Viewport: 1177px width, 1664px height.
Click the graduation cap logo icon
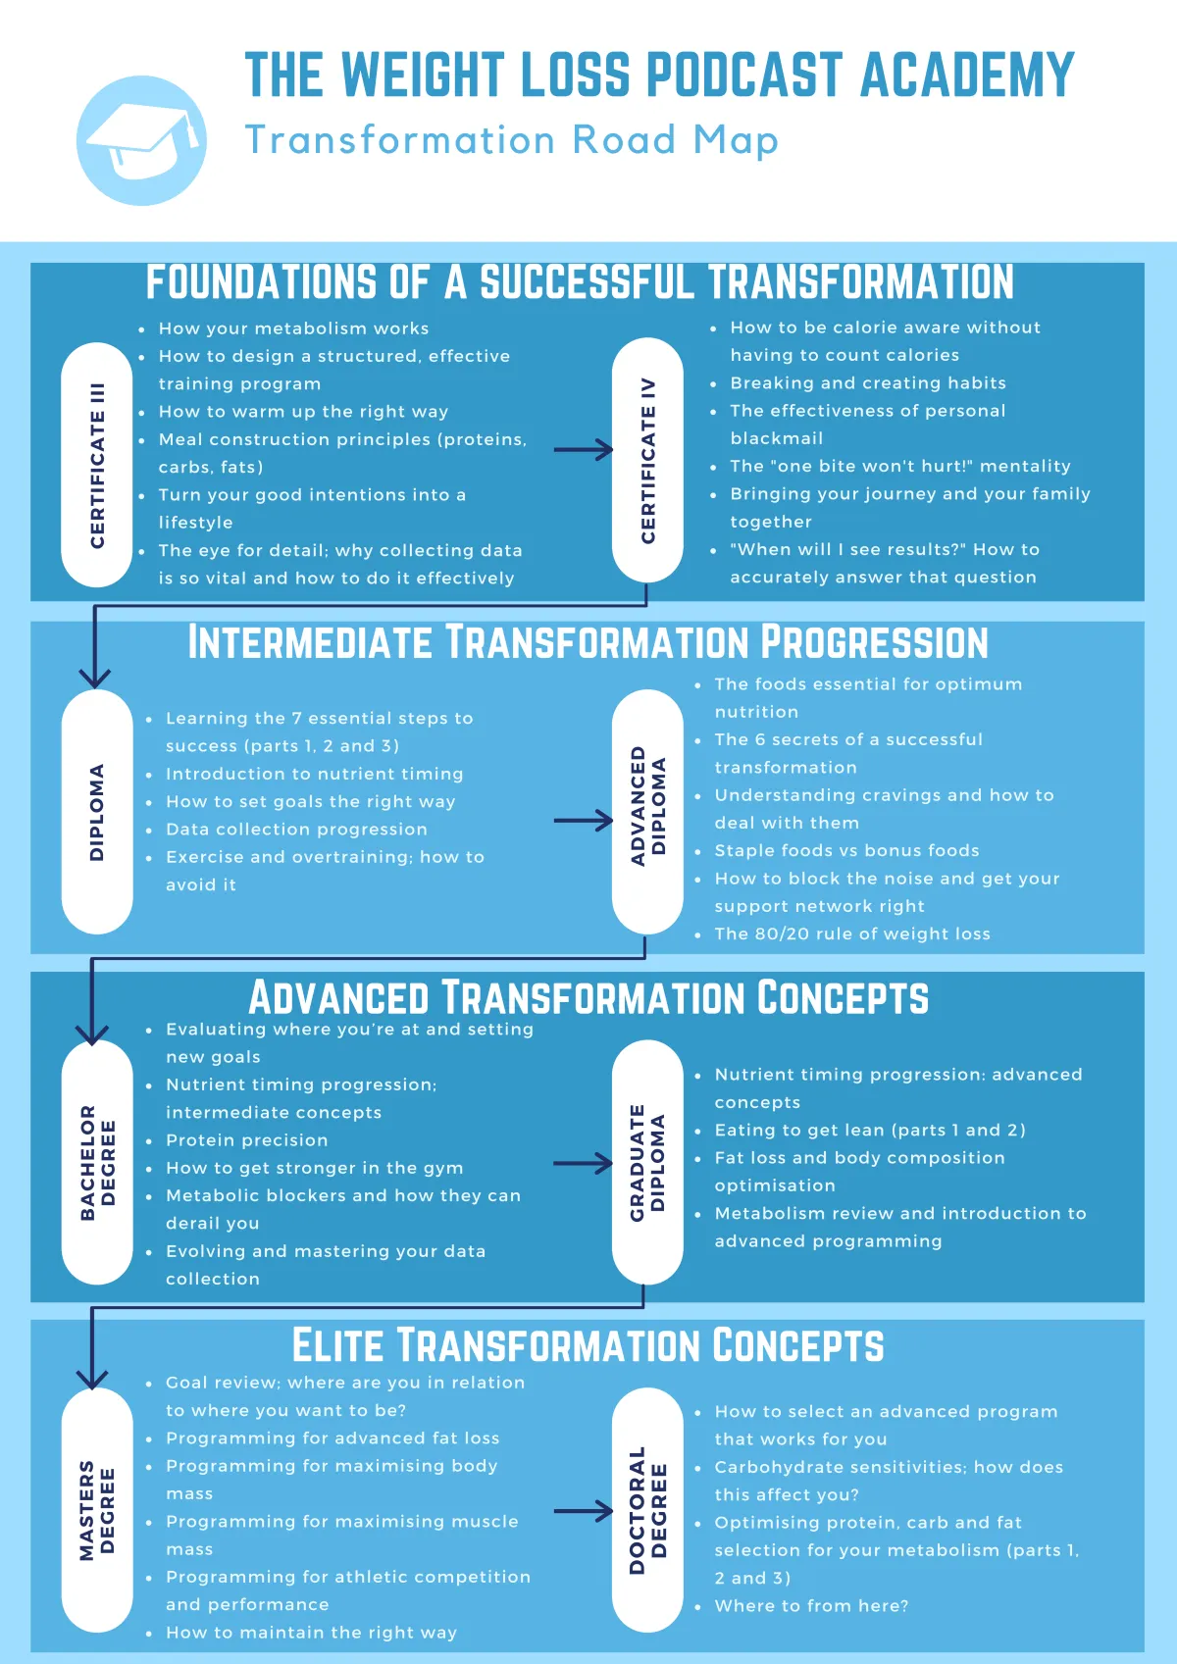click(x=141, y=140)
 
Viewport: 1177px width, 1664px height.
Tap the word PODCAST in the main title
click(x=743, y=75)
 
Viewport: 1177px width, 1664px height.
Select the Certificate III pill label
click(x=96, y=465)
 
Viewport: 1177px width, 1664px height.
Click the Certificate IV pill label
click(x=647, y=460)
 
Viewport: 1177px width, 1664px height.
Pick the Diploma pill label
click(x=96, y=811)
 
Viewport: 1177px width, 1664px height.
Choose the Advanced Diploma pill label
click(x=647, y=811)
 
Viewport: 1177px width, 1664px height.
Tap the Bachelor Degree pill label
click(x=96, y=1162)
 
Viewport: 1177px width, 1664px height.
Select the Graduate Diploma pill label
click(x=647, y=1162)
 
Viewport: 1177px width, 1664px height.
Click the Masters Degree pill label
click(x=96, y=1510)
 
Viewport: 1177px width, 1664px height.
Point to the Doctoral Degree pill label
click(x=647, y=1510)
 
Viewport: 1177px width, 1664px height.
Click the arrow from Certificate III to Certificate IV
click(x=584, y=449)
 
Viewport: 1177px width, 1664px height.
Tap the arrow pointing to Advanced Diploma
click(x=584, y=821)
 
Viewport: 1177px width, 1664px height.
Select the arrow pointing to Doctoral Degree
click(x=584, y=1511)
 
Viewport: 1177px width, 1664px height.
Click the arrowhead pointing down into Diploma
click(x=94, y=678)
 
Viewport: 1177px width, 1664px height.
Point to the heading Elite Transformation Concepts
click(x=588, y=1345)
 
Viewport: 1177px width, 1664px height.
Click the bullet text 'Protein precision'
click(x=247, y=1140)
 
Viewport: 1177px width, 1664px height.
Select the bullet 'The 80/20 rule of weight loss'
click(x=852, y=933)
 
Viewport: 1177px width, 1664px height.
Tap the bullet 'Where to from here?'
click(x=811, y=1606)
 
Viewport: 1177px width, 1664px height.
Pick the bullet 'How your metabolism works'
click(x=293, y=328)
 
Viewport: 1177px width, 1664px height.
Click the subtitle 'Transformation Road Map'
click(x=512, y=139)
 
